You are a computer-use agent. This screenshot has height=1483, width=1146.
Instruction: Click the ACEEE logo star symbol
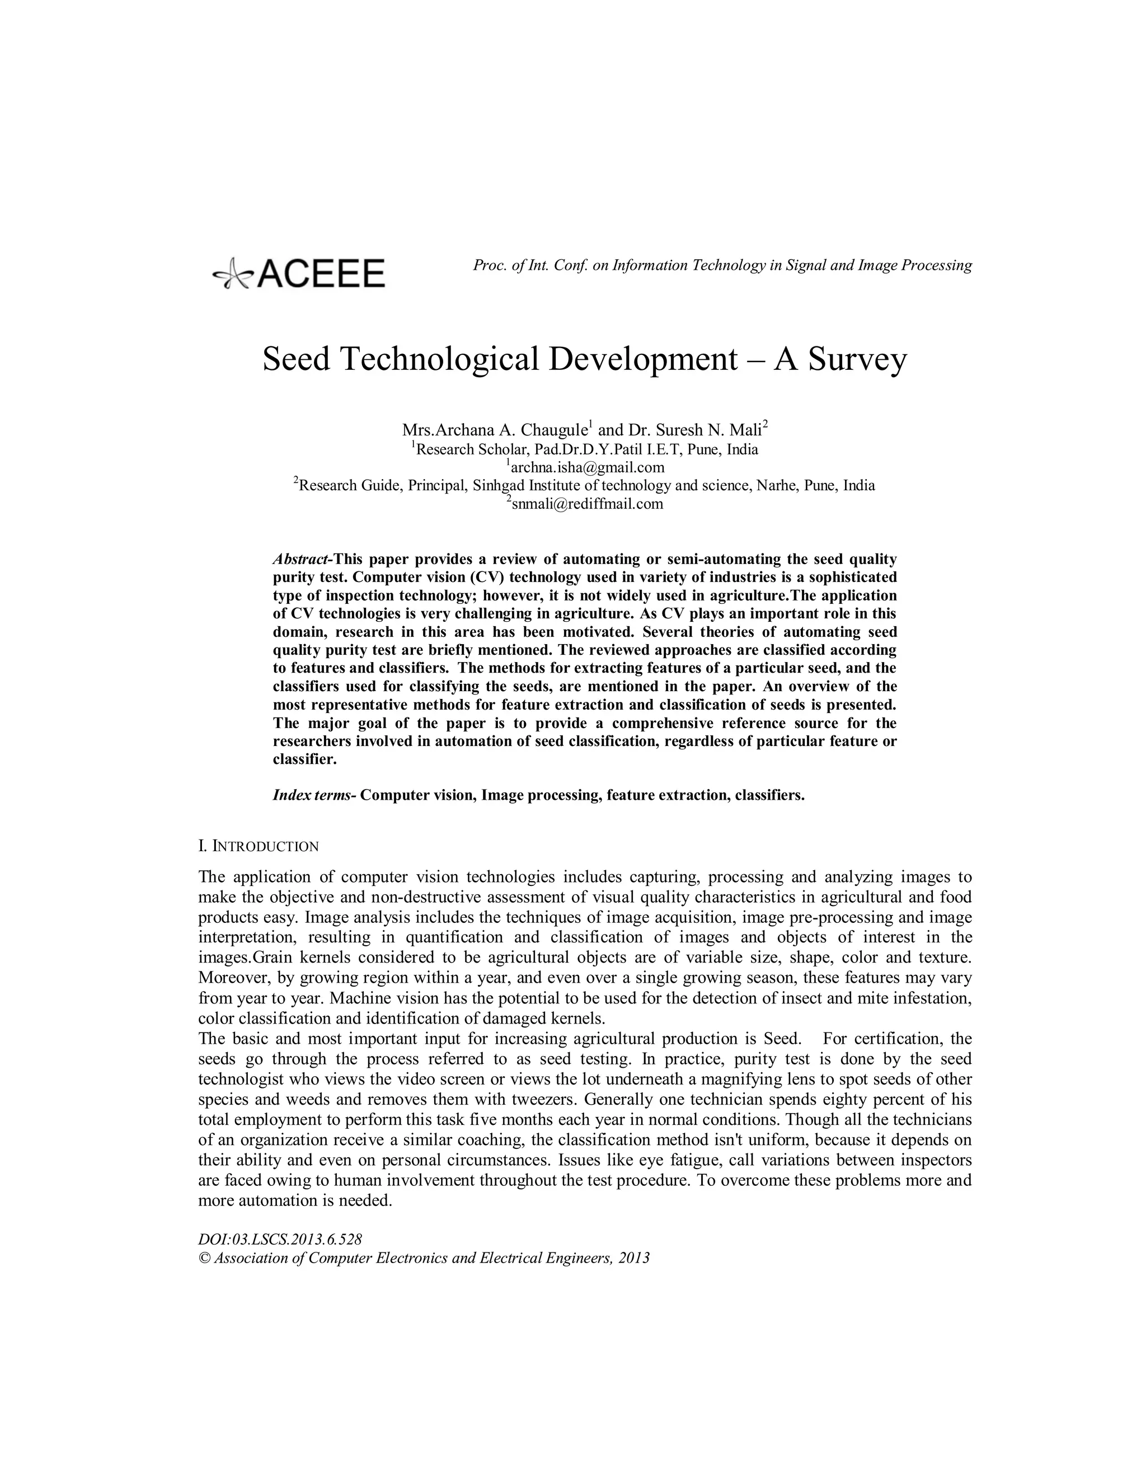[x=232, y=274]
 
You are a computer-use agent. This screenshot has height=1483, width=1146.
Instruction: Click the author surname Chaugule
[x=553, y=430]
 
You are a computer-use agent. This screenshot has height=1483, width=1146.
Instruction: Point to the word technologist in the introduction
[x=239, y=1080]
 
